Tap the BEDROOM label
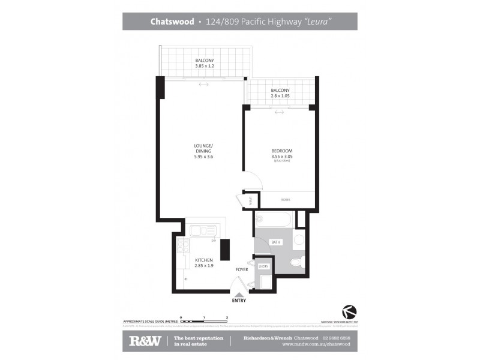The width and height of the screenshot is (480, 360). click(281, 151)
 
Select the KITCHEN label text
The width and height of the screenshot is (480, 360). click(204, 260)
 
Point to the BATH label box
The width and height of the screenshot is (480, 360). click(276, 242)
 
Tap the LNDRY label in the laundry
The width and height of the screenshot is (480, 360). click(263, 265)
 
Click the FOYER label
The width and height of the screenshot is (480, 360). click(242, 269)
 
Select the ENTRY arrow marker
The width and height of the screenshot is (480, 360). click(239, 295)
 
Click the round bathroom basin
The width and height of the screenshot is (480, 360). click(298, 242)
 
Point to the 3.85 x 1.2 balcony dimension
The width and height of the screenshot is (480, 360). click(204, 66)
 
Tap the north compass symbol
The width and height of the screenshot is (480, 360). click(349, 311)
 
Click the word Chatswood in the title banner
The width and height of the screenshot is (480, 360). click(172, 21)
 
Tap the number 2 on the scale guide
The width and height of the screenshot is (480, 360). click(227, 316)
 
